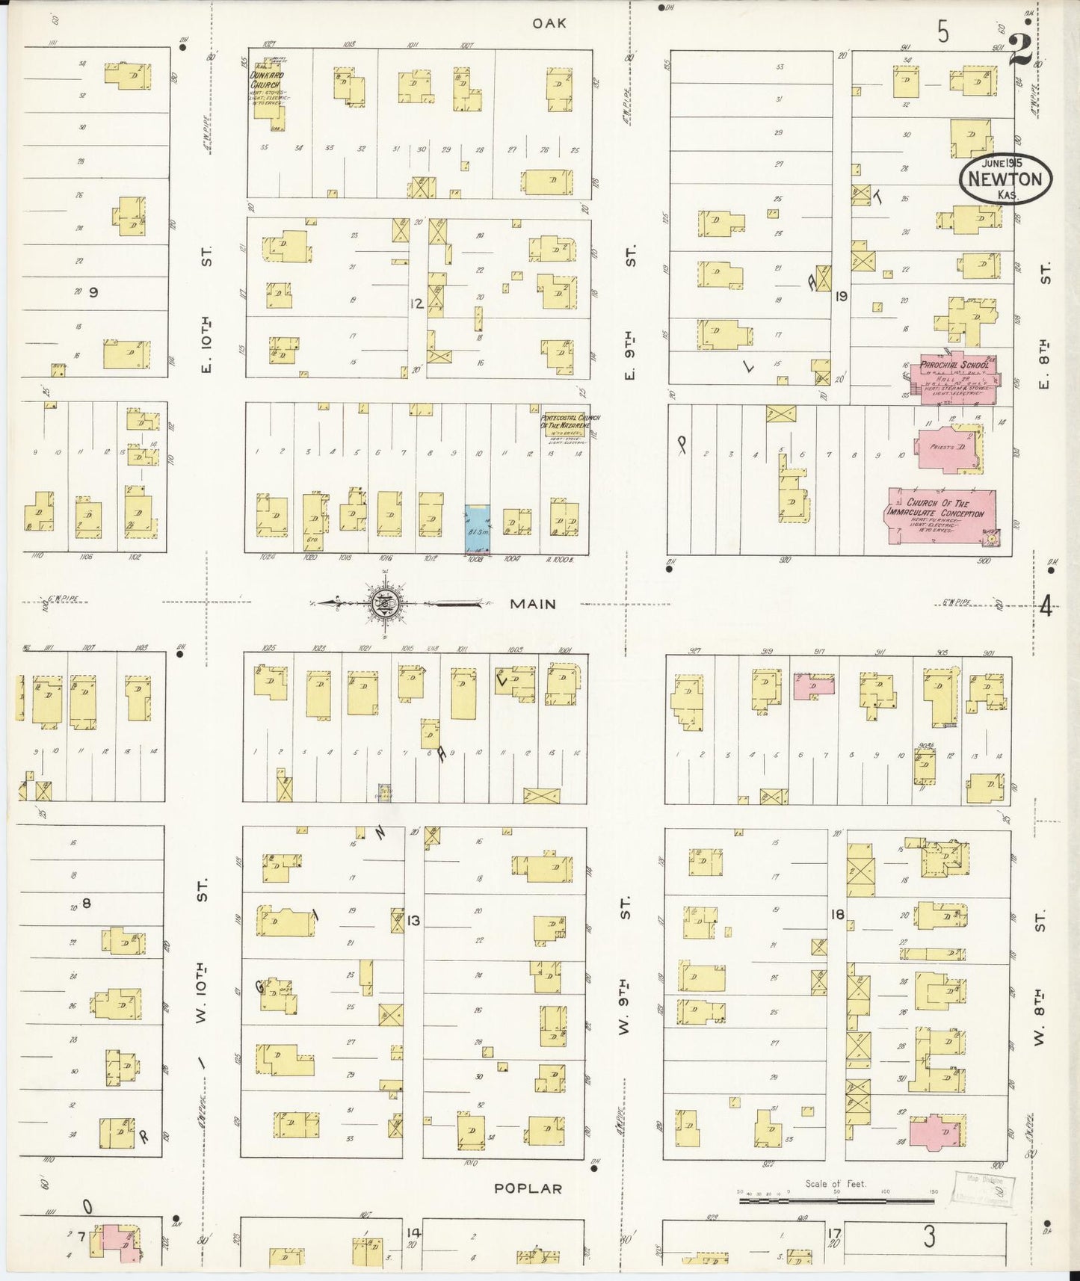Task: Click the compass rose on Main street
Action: (386, 603)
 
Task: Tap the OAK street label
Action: (549, 23)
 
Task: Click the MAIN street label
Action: (533, 603)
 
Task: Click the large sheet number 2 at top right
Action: (1021, 51)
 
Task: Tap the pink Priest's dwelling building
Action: (951, 449)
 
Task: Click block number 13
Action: (413, 920)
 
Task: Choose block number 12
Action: (416, 303)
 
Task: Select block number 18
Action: (836, 913)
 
